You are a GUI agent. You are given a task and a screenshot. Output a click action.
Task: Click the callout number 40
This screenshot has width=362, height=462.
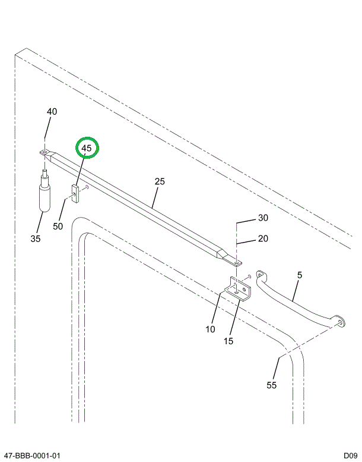coord(52,112)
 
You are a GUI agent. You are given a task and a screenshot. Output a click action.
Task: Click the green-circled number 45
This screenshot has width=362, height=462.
coord(87,148)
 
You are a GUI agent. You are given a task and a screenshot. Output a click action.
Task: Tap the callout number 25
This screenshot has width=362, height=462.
coord(160,182)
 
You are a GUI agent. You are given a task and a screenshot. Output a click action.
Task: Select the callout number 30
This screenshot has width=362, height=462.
coord(263,218)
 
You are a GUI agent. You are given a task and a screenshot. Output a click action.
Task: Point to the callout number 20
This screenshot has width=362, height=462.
coord(263,239)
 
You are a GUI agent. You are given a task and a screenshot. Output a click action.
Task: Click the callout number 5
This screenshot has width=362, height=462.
coord(300,275)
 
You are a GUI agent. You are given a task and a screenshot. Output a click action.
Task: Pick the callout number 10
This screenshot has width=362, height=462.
coord(210,329)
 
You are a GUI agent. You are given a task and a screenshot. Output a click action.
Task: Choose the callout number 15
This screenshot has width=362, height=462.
coord(228,341)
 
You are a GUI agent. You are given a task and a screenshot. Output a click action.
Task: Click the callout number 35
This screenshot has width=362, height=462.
coord(36,239)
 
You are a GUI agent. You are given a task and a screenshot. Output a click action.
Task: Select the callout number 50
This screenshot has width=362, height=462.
coord(58,227)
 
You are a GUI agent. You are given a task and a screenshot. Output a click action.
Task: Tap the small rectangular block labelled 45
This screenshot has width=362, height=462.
coord(75,194)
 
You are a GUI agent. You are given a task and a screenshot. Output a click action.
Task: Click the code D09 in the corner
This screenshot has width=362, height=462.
coord(348,455)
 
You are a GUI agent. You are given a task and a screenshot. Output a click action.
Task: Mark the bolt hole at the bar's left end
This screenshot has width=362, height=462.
coord(45,153)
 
